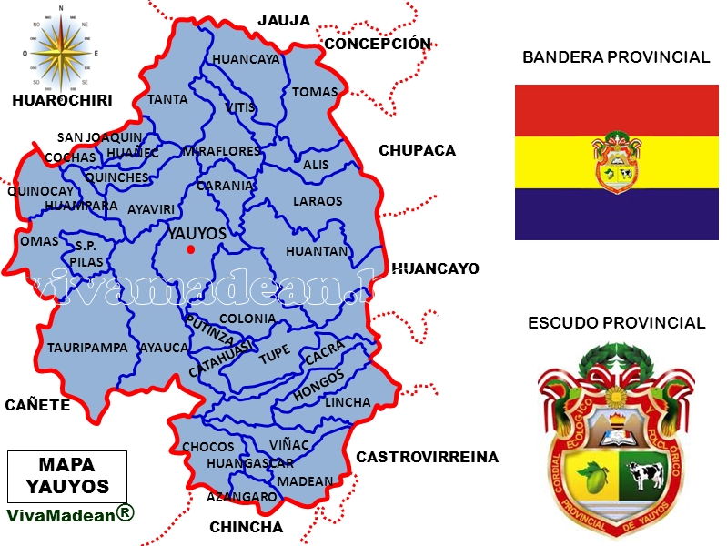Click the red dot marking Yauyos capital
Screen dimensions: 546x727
pos(190,249)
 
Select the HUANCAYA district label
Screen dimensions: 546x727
pos(246,59)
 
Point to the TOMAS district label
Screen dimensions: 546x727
pos(315,92)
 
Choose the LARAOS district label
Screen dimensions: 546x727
pos(318,201)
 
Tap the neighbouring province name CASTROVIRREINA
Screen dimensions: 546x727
pos(427,457)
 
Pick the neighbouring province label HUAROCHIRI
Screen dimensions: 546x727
pos(62,101)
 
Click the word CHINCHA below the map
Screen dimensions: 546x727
pos(246,527)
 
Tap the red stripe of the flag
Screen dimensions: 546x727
pos(616,110)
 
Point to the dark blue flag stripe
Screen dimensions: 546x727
pos(616,214)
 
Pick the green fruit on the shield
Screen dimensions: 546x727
pos(595,478)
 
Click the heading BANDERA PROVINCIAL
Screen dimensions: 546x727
pos(616,57)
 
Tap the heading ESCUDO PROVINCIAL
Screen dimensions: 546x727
pos(616,323)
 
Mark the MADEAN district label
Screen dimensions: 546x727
pos(305,480)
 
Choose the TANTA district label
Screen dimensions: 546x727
pos(167,99)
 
